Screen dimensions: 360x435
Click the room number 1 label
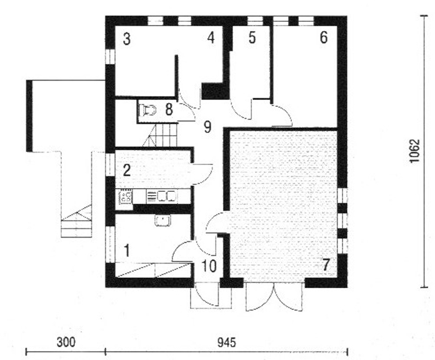[x=127, y=251]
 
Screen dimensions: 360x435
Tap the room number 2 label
[x=127, y=169]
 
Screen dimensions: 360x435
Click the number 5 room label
[x=252, y=38]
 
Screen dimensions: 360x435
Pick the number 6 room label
[x=323, y=38]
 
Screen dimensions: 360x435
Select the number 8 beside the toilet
[x=168, y=110]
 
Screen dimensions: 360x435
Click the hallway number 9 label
[x=207, y=127]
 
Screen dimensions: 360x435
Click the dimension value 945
[x=226, y=343]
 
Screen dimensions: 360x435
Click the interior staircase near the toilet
[x=162, y=134]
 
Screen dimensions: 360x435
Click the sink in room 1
[x=163, y=220]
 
